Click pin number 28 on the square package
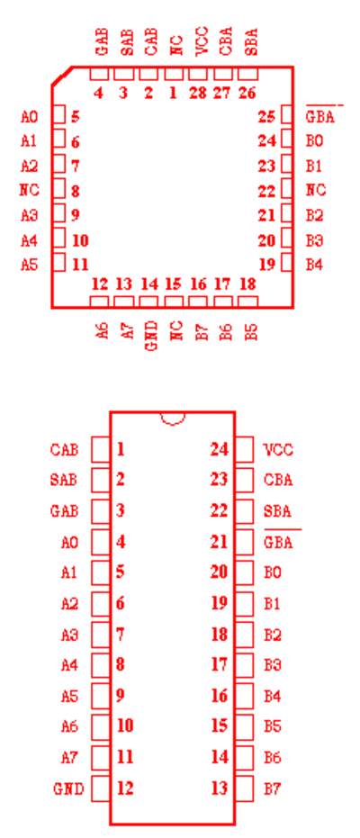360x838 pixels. point(198,93)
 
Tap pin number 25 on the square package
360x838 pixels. point(266,116)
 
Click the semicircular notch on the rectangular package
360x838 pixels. point(173,419)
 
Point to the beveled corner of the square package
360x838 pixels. point(62,76)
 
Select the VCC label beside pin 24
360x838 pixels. point(278,450)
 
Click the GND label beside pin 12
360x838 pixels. point(68,788)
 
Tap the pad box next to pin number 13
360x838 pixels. point(244,788)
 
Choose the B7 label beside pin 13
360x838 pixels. point(273,788)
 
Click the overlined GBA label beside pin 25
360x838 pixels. point(319,116)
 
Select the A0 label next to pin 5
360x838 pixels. point(30,116)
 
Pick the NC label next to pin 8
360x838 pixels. point(30,190)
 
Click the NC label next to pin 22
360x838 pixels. point(316,190)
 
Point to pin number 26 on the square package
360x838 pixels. point(247,93)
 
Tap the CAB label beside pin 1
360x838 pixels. point(64,450)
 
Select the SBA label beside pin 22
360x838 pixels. point(278,511)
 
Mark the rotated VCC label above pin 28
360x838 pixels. point(202,41)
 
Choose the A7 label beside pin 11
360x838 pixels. point(69,758)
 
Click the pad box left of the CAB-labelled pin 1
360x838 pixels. point(101,449)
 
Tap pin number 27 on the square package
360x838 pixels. point(222,93)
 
